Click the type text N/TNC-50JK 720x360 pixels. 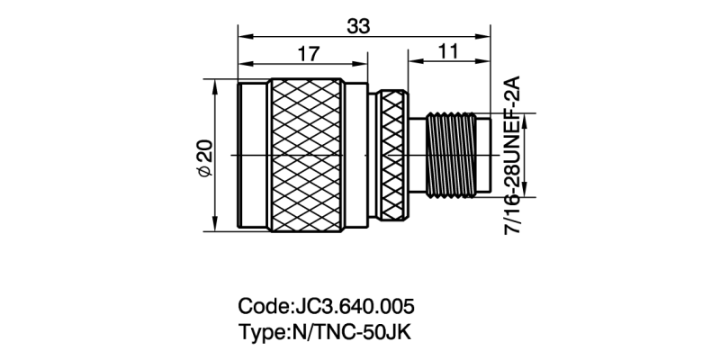coord(348,330)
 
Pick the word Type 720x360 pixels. coord(260,330)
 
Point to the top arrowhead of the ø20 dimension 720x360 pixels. coord(216,85)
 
